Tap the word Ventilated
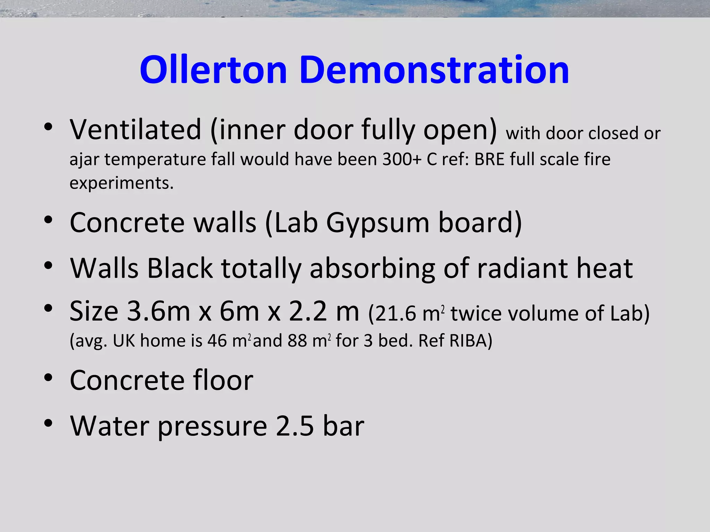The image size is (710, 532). (136, 130)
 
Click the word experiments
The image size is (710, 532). (121, 183)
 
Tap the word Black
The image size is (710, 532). (180, 268)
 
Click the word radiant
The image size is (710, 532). (522, 268)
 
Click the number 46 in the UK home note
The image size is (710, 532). (217, 341)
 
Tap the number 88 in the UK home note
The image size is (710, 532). (297, 341)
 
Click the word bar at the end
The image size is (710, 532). (344, 426)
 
